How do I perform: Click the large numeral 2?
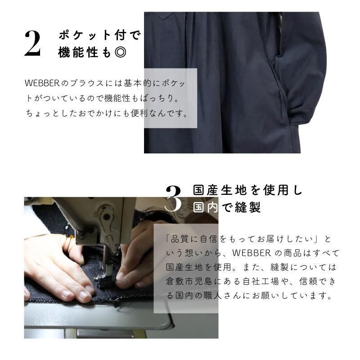coord(32,44)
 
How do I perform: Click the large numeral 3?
coord(173,198)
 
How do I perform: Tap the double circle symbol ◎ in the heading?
coord(120,52)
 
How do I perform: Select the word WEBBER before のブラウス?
coord(42,83)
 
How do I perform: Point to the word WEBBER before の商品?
coord(252,253)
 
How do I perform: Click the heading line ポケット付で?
coord(99,35)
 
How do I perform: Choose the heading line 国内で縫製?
coord(227,207)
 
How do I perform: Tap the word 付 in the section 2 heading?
coord(120,35)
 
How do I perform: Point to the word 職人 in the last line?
coord(212,296)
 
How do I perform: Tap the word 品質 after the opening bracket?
coord(180,239)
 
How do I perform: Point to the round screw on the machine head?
coord(106,217)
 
